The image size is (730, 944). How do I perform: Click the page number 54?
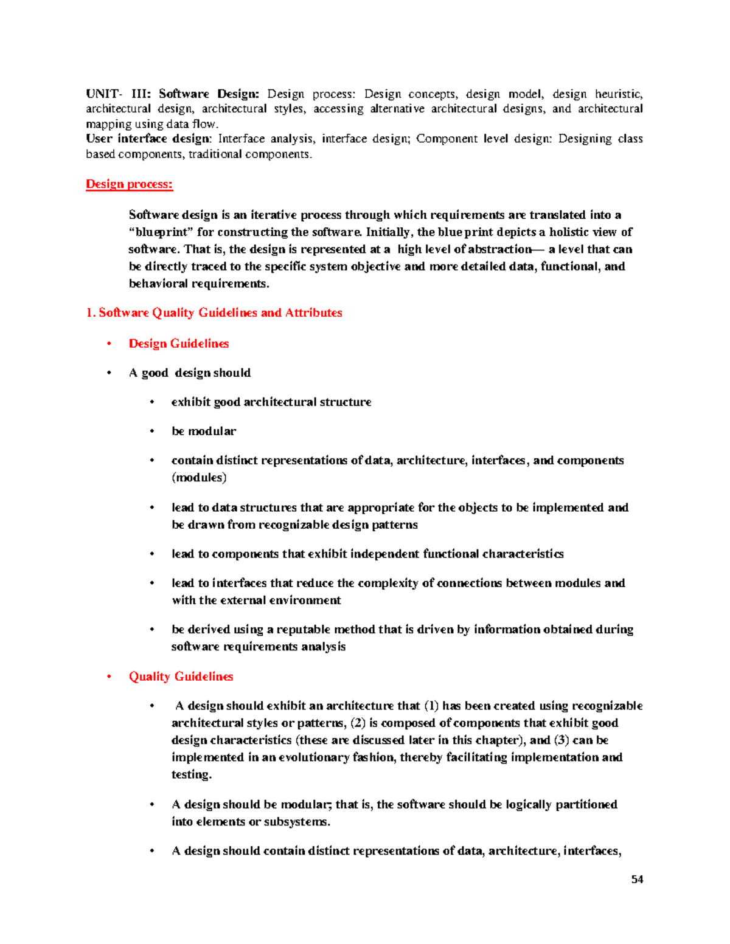coord(637,879)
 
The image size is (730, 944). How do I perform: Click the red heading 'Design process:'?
coord(130,184)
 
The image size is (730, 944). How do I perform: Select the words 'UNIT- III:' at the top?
coord(119,94)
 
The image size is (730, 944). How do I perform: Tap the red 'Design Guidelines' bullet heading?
coord(179,343)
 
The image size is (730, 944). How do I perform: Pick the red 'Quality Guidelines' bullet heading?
coord(181,677)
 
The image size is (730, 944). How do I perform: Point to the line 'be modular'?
coord(204,431)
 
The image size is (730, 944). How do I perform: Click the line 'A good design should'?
coord(190,373)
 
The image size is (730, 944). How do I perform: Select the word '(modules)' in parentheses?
coord(199,478)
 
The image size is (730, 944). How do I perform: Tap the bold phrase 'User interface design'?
coord(148,139)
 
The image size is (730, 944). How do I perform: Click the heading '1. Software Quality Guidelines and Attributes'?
coord(214,312)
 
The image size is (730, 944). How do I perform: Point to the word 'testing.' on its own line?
coord(192,774)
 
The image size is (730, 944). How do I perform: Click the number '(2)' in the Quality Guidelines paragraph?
coord(358,723)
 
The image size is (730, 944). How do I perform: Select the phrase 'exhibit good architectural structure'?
coord(271,402)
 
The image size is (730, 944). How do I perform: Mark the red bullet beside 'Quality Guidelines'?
coord(109,677)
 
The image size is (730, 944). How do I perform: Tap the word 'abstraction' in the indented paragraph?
coord(499,249)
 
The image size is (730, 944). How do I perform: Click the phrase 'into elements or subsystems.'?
coord(251,822)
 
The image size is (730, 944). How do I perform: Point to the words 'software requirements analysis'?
coord(258,647)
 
